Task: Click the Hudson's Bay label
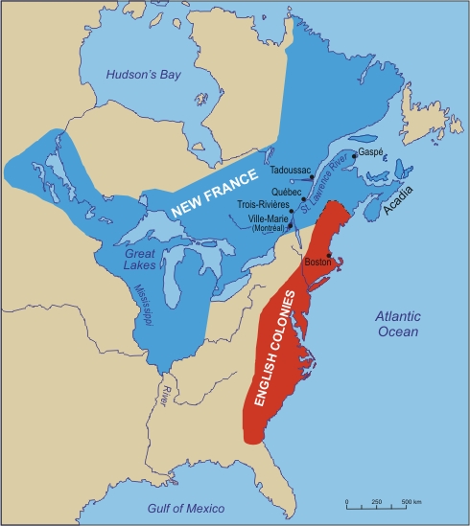coord(137,72)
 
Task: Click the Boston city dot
coord(329,255)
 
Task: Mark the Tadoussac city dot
coord(313,177)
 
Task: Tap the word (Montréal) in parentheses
coord(268,228)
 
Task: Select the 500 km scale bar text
coord(411,502)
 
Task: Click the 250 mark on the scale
coord(376,502)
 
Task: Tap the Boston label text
coord(317,262)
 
